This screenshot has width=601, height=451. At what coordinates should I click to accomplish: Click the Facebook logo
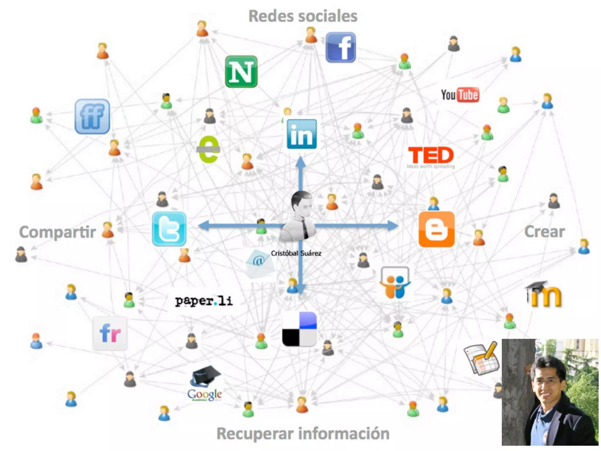click(x=340, y=48)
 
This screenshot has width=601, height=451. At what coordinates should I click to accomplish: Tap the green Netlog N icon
click(x=241, y=72)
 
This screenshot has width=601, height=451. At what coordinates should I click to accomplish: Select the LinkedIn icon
click(x=302, y=134)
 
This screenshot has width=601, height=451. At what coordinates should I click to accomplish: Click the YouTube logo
click(x=460, y=95)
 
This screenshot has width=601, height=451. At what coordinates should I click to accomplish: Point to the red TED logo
click(x=431, y=156)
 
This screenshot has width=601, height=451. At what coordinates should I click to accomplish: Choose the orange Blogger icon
click(x=436, y=229)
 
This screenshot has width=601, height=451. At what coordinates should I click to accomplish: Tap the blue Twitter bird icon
click(x=169, y=229)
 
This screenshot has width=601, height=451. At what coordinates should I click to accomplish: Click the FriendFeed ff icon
click(x=92, y=116)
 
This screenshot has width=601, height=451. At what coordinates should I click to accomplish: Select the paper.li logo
click(x=204, y=301)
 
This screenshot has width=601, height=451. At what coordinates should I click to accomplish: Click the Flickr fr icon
click(x=110, y=333)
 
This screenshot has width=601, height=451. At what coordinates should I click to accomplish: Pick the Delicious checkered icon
click(x=299, y=329)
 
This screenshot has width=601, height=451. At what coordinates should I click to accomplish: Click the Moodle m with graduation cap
click(x=544, y=295)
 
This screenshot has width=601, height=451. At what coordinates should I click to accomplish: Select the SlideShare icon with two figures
click(x=395, y=282)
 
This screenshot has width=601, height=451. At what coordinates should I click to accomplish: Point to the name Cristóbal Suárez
click(x=296, y=253)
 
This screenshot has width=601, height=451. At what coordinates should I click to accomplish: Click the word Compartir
click(x=58, y=232)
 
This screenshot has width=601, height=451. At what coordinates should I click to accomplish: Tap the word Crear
click(x=544, y=232)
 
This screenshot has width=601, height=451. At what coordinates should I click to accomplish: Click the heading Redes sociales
click(x=303, y=16)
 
